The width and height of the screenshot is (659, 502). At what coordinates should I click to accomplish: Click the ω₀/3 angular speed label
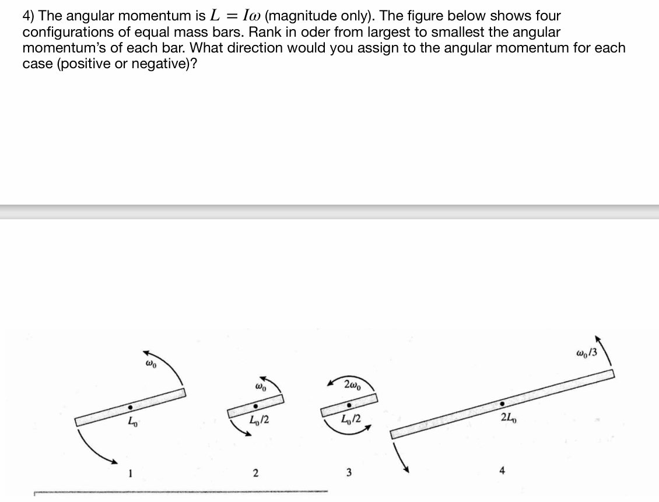point(586,352)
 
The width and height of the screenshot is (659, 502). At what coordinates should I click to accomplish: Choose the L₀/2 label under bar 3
point(349,421)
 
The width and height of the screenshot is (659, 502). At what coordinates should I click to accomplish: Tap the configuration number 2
point(255,474)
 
